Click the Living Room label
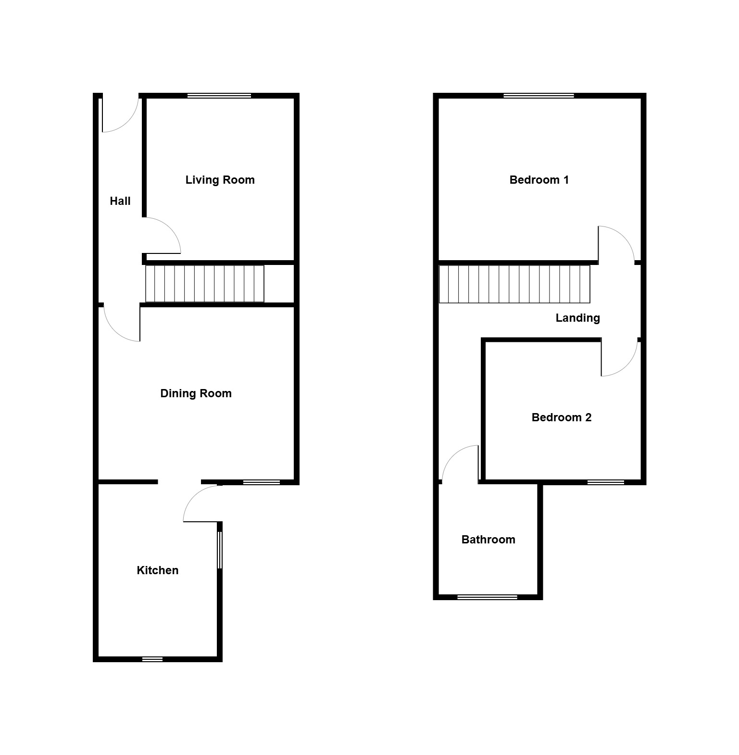click(220, 180)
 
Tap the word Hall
click(120, 201)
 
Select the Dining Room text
click(196, 393)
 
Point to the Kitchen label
click(157, 570)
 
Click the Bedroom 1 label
click(539, 180)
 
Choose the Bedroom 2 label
click(561, 417)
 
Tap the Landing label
click(577, 318)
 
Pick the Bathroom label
click(488, 540)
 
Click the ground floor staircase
click(205, 284)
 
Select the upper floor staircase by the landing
click(514, 284)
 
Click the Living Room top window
click(219, 96)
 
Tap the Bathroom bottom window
click(487, 597)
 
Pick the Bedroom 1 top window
click(539, 96)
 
